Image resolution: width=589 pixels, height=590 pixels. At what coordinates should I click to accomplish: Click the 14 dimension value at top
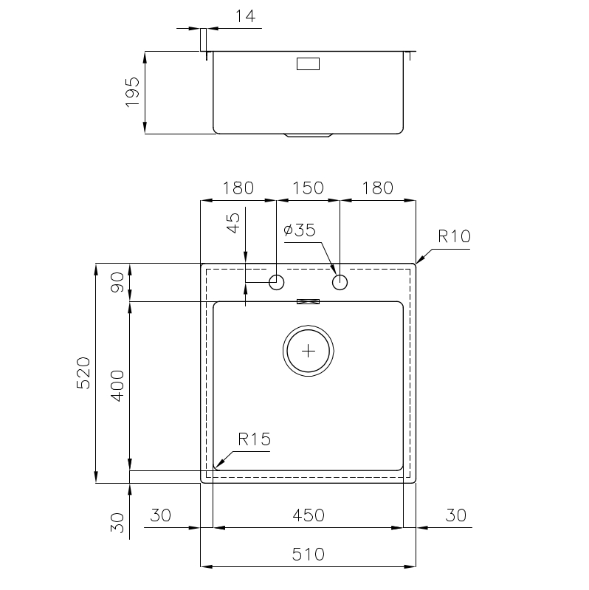point(245,16)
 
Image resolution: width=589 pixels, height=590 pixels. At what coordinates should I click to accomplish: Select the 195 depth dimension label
point(132,92)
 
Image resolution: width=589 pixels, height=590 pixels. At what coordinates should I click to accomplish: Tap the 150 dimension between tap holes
point(308,188)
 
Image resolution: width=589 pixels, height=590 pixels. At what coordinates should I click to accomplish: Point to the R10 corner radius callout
point(454,237)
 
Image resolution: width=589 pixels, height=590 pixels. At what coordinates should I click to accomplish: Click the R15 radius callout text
point(254,439)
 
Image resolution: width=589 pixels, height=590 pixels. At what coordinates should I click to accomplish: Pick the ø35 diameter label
point(300,230)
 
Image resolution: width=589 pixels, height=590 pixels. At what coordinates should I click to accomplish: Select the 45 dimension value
point(233,223)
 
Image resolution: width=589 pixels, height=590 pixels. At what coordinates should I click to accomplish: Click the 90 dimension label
point(117,282)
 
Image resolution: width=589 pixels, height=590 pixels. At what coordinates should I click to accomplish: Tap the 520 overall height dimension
point(83,373)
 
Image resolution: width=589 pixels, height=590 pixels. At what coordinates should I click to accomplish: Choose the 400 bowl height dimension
point(117,386)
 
